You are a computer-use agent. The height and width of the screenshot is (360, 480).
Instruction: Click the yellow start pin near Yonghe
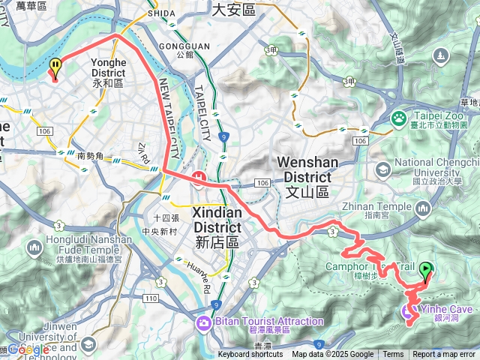[55, 68]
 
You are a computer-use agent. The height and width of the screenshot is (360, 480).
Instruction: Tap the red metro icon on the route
[199, 178]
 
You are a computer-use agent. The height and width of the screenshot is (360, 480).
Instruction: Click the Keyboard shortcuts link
[250, 355]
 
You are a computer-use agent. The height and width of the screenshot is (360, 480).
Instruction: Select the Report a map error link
[444, 355]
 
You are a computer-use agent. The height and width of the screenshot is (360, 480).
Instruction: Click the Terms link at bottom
[393, 355]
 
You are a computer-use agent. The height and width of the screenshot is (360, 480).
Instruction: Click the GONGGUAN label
[184, 45]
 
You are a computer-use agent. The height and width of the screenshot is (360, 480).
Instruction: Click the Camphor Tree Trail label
[369, 267]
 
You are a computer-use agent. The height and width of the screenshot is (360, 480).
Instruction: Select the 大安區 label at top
[233, 9]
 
